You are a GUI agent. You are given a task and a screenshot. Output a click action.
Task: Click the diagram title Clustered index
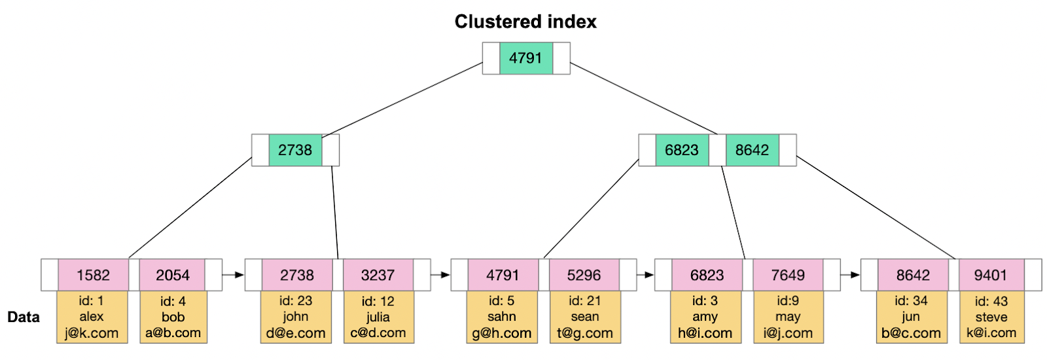tap(525, 22)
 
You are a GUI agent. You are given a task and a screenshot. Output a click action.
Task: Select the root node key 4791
tap(525, 58)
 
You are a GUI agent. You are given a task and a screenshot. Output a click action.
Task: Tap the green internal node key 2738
tap(295, 150)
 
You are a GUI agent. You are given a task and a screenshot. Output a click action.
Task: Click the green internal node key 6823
tap(682, 150)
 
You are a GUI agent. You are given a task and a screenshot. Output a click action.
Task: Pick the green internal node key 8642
tap(752, 150)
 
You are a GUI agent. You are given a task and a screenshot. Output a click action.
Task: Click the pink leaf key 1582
tap(93, 275)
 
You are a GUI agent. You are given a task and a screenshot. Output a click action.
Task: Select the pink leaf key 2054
tap(172, 275)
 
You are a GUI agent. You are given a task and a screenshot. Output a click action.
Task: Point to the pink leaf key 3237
tap(378, 275)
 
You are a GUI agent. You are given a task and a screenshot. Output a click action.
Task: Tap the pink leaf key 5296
tap(584, 275)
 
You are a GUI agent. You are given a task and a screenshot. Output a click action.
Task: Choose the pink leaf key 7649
tap(788, 275)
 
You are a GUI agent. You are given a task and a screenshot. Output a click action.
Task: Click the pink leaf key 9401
tap(991, 275)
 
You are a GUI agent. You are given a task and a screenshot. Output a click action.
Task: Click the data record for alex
tap(92, 317)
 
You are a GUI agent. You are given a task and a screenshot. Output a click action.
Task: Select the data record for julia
tap(378, 317)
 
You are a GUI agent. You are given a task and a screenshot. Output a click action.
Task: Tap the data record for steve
tap(991, 317)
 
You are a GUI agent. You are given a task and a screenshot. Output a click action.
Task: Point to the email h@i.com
tap(705, 333)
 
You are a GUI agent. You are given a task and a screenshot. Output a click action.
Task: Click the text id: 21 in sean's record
tap(584, 300)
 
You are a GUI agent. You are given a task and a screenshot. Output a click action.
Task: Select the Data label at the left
tap(24, 317)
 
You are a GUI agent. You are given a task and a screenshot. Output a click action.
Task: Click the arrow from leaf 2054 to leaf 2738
tap(233, 275)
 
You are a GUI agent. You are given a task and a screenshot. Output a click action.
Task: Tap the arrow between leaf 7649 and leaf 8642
tap(850, 275)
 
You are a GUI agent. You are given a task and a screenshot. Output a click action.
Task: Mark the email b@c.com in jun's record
tap(911, 333)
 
